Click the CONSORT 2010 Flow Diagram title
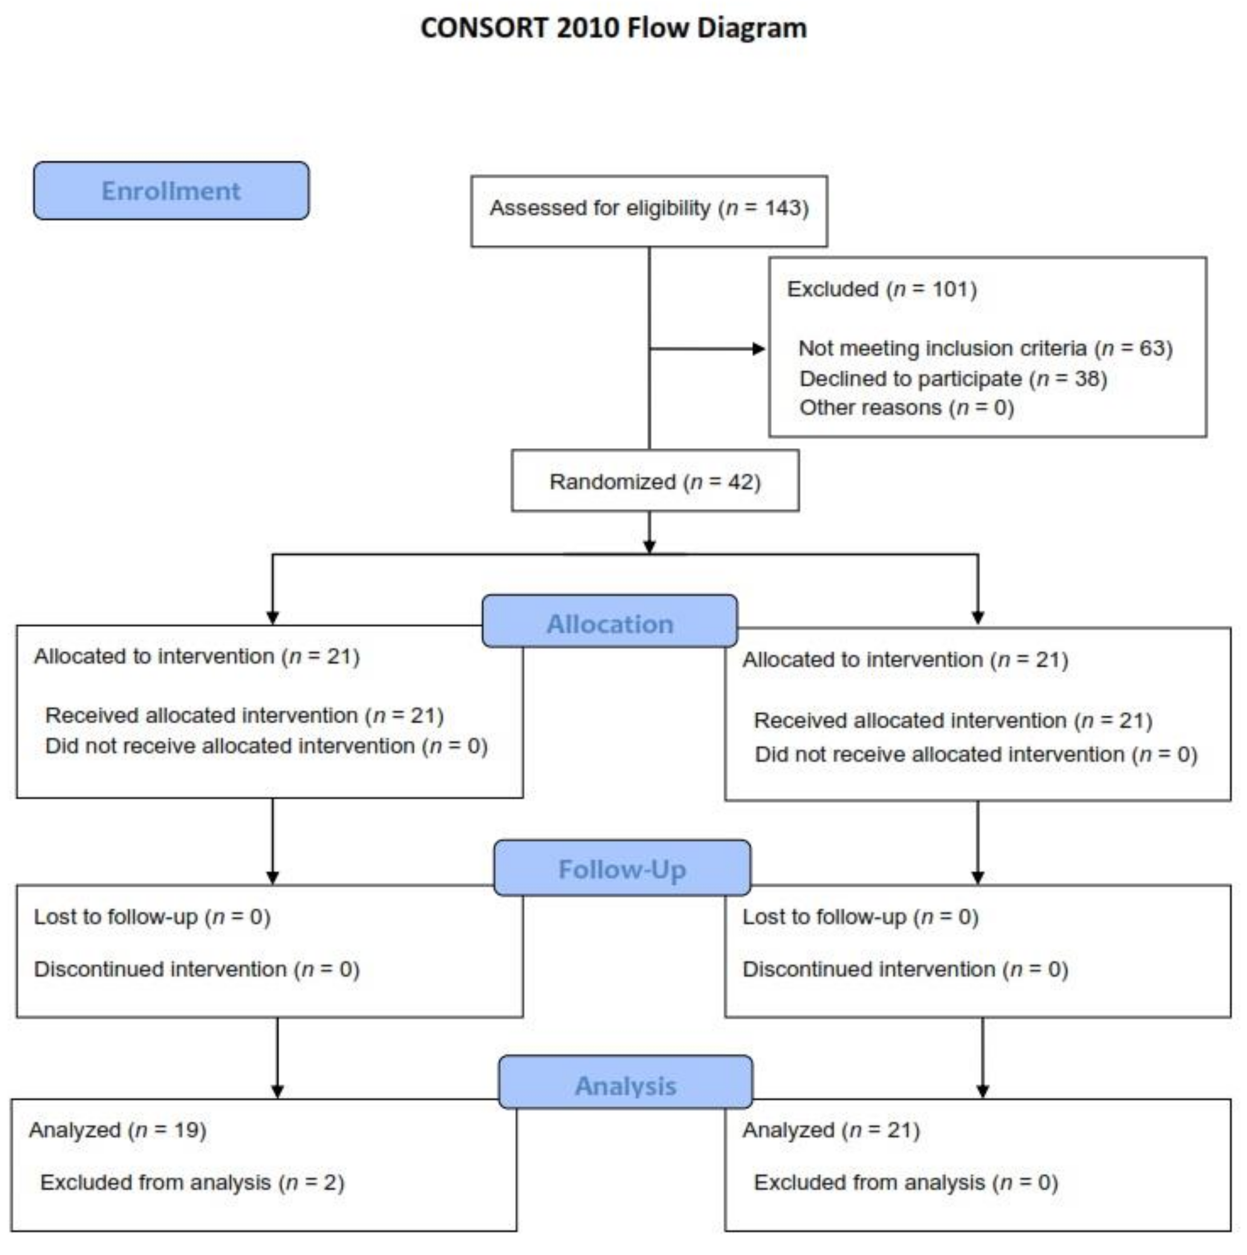click(613, 29)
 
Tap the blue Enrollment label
click(171, 191)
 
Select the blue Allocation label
click(609, 624)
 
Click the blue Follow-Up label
click(622, 869)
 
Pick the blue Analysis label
click(626, 1085)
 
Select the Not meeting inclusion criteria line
click(985, 349)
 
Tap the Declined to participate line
click(953, 379)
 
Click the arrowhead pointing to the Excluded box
click(758, 349)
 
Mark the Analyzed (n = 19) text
click(118, 1130)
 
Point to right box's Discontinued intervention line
click(905, 970)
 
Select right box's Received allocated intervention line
click(953, 721)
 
